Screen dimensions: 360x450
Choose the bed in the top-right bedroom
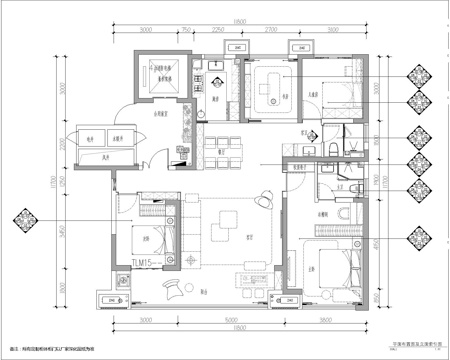(335, 103)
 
